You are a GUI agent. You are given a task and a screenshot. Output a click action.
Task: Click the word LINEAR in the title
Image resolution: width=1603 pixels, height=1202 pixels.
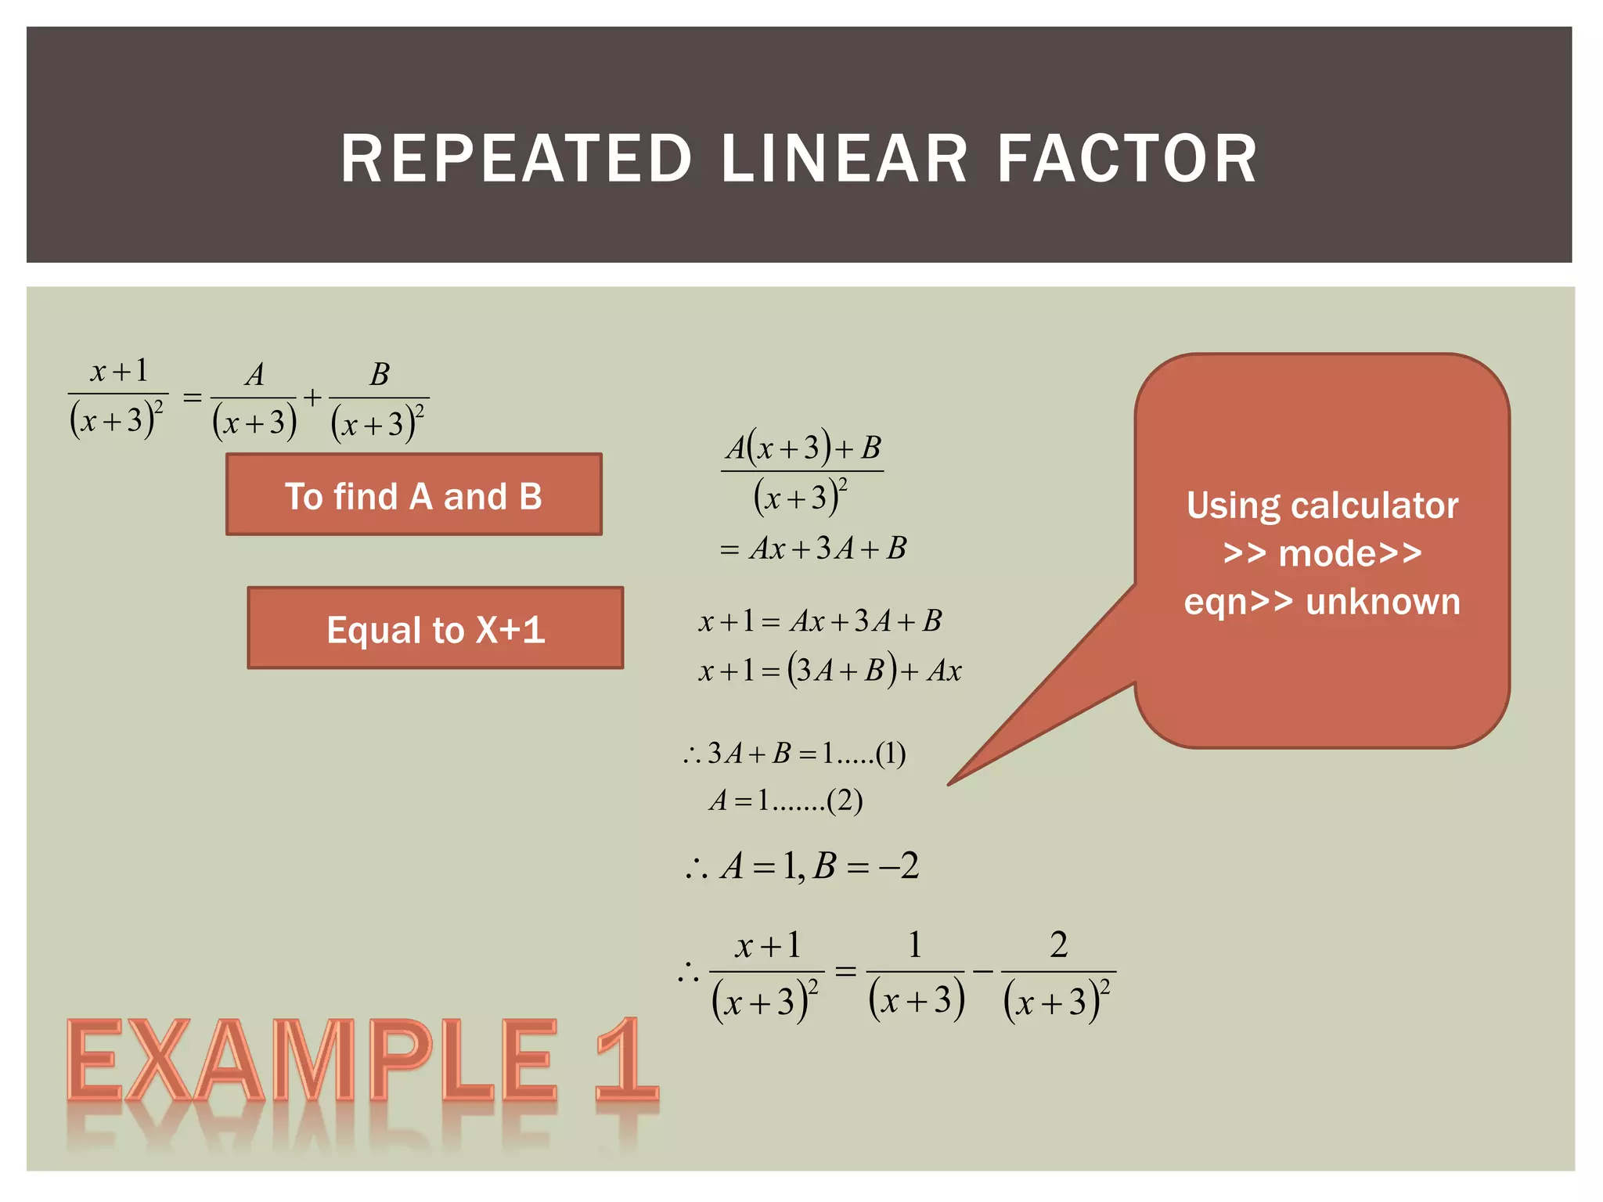pyautogui.click(x=844, y=159)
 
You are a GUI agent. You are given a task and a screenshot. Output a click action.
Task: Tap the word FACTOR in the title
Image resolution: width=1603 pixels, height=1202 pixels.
pyautogui.click(x=1126, y=159)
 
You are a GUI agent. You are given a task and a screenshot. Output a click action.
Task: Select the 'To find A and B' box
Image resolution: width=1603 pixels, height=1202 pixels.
pyautogui.click(x=413, y=495)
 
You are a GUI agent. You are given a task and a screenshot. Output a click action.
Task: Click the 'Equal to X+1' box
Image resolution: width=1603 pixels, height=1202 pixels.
pyautogui.click(x=435, y=628)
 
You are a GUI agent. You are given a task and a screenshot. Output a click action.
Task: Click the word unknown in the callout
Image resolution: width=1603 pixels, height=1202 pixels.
pyautogui.click(x=1382, y=602)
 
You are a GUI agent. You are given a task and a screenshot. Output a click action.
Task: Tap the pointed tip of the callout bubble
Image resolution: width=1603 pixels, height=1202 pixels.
pyautogui.click(x=950, y=783)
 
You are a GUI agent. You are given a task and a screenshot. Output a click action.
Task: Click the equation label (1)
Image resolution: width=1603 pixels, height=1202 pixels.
pyautogui.click(x=891, y=754)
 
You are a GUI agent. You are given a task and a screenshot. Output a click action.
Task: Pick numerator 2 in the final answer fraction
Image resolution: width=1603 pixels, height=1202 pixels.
pyautogui.click(x=1058, y=945)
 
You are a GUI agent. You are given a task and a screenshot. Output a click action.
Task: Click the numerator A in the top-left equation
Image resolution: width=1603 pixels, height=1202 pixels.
pyautogui.click(x=254, y=376)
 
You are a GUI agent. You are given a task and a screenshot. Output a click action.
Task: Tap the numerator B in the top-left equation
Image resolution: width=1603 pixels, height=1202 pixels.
pyautogui.click(x=380, y=375)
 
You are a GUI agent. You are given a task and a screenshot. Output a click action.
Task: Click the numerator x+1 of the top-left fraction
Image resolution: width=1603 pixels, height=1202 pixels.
pyautogui.click(x=119, y=371)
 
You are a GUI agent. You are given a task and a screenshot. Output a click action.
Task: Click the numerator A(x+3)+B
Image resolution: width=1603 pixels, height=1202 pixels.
pyautogui.click(x=803, y=448)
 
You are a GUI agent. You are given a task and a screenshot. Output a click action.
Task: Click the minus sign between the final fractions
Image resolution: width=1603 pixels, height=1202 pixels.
pyautogui.click(x=982, y=972)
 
